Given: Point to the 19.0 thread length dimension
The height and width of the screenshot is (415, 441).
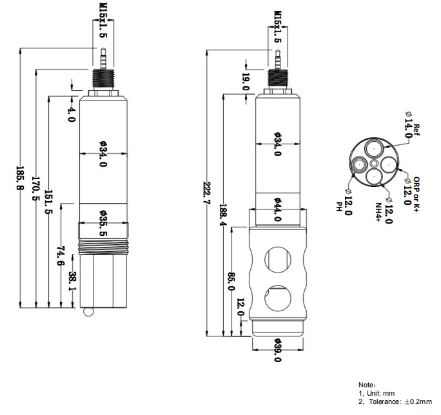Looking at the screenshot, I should (x=245, y=81).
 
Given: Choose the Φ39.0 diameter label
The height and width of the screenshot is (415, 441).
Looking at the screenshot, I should (x=278, y=351).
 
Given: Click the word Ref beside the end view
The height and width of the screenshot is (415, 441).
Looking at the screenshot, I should (x=416, y=129).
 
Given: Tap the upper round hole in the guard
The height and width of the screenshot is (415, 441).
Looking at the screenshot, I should (x=278, y=258).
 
